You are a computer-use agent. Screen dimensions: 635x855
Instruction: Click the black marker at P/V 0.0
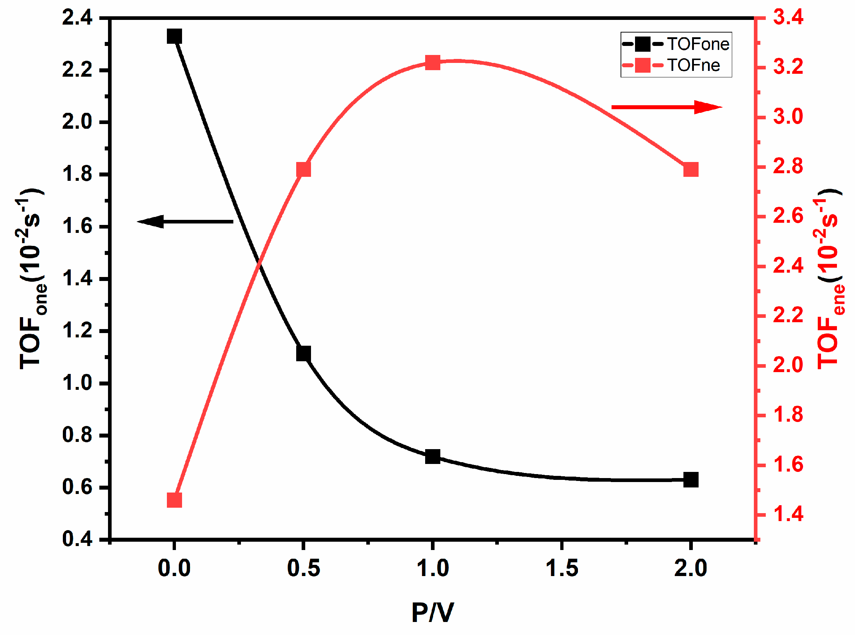(174, 37)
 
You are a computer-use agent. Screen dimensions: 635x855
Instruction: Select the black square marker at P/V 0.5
(303, 354)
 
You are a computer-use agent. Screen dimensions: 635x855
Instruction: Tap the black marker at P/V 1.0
(433, 457)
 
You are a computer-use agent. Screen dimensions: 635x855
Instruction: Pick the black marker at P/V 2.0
(691, 480)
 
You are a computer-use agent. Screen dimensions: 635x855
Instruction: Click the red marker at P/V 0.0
(174, 500)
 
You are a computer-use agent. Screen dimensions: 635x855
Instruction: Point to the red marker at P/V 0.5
(303, 170)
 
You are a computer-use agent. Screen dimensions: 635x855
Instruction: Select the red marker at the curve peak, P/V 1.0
(433, 62)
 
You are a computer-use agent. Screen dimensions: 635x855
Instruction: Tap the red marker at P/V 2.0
(691, 170)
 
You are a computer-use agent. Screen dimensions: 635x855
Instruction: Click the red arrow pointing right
(666, 107)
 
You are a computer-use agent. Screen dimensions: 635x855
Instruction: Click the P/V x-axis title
(433, 613)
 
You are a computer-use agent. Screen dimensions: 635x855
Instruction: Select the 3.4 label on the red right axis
(788, 18)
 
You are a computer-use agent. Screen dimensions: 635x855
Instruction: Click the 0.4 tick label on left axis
(77, 539)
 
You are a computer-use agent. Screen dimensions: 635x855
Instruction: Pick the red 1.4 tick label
(788, 514)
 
